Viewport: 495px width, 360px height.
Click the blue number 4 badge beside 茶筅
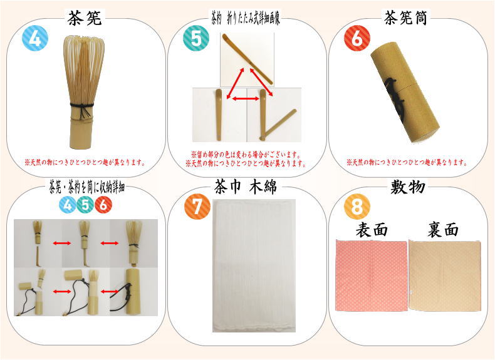[35, 39]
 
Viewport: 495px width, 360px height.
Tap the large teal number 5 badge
[195, 39]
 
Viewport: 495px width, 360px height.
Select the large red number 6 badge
[357, 39]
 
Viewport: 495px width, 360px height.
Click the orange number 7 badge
[197, 207]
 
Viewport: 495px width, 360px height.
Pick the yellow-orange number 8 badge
[358, 206]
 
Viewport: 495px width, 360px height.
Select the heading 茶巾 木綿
[246, 186]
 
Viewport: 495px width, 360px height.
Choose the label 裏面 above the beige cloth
[444, 229]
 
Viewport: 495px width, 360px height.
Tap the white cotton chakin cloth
[253, 266]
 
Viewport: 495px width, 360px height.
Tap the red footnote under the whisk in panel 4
[85, 162]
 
